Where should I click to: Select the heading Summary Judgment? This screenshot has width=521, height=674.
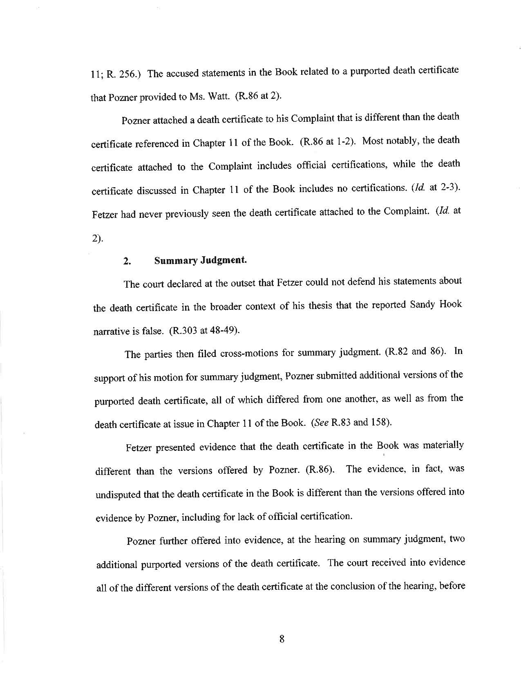point(200,260)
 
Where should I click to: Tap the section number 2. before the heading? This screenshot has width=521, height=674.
point(127,261)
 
